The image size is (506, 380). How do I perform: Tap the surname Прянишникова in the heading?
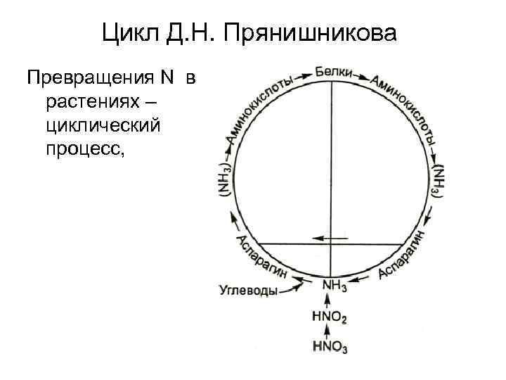[x=313, y=32]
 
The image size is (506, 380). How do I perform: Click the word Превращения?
[x=97, y=77]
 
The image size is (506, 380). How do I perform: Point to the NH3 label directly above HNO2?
[x=332, y=286]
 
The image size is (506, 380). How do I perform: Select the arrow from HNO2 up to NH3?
[x=328, y=303]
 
